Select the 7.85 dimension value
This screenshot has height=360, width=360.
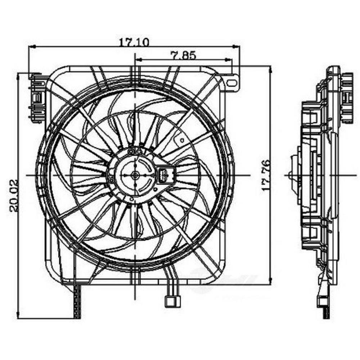pyautogui.click(x=183, y=55)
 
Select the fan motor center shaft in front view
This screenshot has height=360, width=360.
pyautogui.click(x=135, y=175)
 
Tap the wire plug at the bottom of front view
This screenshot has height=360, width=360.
pyautogui.click(x=172, y=301)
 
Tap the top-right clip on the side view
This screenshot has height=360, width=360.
pyautogui.click(x=347, y=97)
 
